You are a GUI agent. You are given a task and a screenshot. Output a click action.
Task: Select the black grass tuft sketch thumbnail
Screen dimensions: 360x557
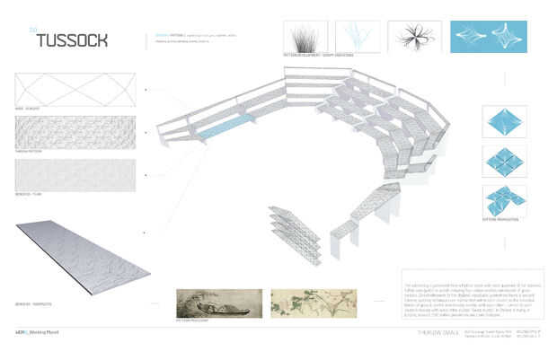coord(306,37)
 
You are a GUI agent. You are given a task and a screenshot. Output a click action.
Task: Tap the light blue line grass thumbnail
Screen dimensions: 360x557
coord(358,37)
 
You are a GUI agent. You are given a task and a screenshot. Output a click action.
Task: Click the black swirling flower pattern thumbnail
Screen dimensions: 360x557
coord(414,37)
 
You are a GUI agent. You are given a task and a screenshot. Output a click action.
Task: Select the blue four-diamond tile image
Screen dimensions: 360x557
coord(503,162)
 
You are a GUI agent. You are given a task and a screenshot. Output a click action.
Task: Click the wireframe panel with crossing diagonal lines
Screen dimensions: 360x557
coord(75,91)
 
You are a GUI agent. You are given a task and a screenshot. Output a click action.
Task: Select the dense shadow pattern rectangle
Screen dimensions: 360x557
coord(75,133)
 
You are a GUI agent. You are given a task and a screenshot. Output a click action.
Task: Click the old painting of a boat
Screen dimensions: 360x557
coord(219,303)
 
